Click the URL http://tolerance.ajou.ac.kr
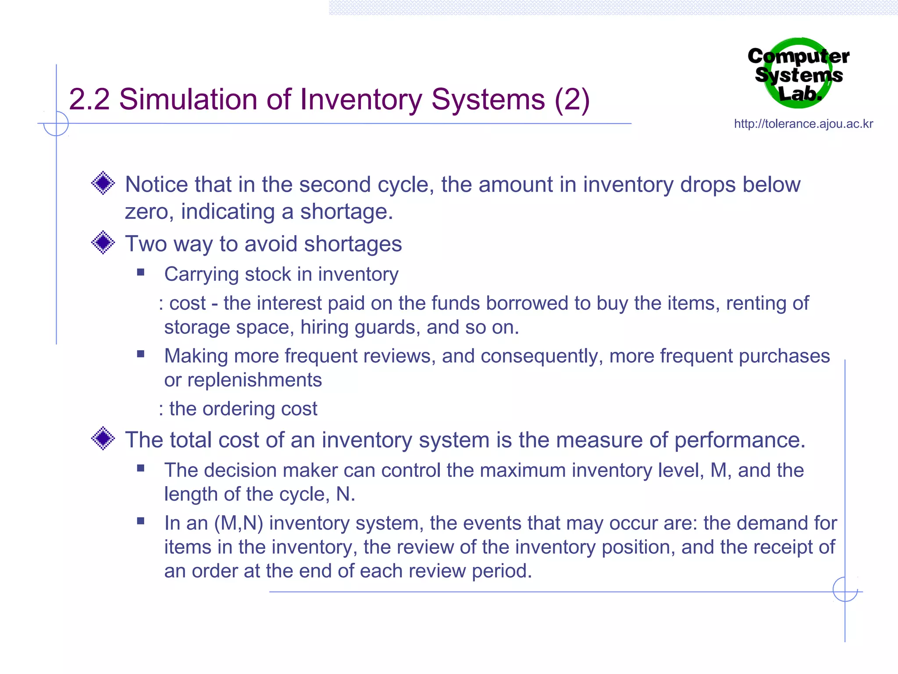coord(803,124)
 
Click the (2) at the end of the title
coord(572,100)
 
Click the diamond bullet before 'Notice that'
coord(103,183)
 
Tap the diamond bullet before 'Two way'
coord(103,242)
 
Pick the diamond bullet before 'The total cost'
coord(103,438)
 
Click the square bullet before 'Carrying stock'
coord(141,272)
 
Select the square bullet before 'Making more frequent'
coord(141,354)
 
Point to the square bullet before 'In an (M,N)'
coord(141,521)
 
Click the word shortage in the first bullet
coord(346,212)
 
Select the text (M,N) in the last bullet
coord(239,523)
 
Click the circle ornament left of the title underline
coord(56,124)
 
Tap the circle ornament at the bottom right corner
coord(845,589)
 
